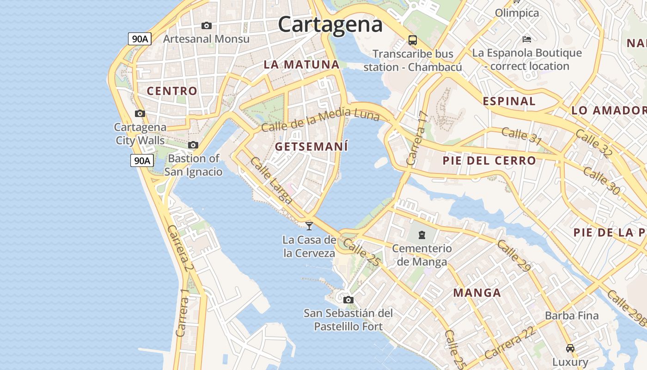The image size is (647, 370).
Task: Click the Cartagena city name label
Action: click(x=330, y=24)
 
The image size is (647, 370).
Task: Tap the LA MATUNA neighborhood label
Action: click(x=302, y=65)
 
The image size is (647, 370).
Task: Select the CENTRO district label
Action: click(x=172, y=91)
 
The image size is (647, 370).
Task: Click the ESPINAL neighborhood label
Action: click(x=509, y=101)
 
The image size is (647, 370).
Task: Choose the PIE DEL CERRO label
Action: click(x=489, y=161)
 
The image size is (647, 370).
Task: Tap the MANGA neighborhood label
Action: click(x=477, y=293)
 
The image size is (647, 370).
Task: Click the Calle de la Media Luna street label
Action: click(x=320, y=119)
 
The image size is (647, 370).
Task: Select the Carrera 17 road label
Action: click(x=415, y=139)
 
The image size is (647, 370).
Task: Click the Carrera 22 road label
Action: click(x=510, y=343)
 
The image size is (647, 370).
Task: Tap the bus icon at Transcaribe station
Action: click(x=413, y=40)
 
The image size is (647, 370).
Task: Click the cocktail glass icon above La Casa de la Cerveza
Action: click(x=309, y=226)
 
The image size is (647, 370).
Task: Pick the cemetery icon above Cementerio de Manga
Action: click(x=421, y=235)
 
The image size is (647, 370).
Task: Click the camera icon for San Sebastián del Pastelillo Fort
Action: click(x=348, y=300)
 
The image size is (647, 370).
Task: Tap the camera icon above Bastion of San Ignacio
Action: click(x=193, y=145)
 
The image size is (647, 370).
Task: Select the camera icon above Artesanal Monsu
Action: click(x=206, y=25)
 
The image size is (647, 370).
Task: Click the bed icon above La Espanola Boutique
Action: click(x=526, y=39)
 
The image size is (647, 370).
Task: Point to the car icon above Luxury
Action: click(x=570, y=348)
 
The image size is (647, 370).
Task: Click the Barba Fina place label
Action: click(x=572, y=316)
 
